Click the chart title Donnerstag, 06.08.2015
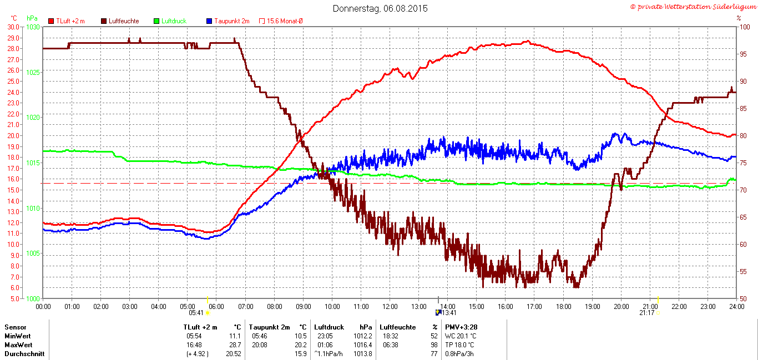click(x=380, y=8)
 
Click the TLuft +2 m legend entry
click(x=67, y=21)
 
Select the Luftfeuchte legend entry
click(x=120, y=21)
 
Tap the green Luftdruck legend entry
click(x=170, y=21)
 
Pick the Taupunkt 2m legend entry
click(x=228, y=21)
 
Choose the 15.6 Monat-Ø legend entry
click(x=281, y=21)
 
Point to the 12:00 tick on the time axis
click(x=390, y=307)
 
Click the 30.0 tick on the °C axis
click(x=13, y=27)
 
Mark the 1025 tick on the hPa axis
click(x=33, y=73)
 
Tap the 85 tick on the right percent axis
click(x=743, y=109)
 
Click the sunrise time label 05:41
click(x=196, y=313)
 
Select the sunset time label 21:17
click(x=646, y=313)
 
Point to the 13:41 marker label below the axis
click(x=449, y=313)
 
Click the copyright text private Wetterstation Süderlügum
click(x=694, y=7)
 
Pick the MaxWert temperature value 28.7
click(x=235, y=345)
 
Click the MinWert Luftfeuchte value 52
click(x=434, y=336)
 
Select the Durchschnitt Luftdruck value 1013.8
click(x=363, y=354)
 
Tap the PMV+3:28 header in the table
click(x=461, y=327)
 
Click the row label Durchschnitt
click(x=24, y=354)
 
